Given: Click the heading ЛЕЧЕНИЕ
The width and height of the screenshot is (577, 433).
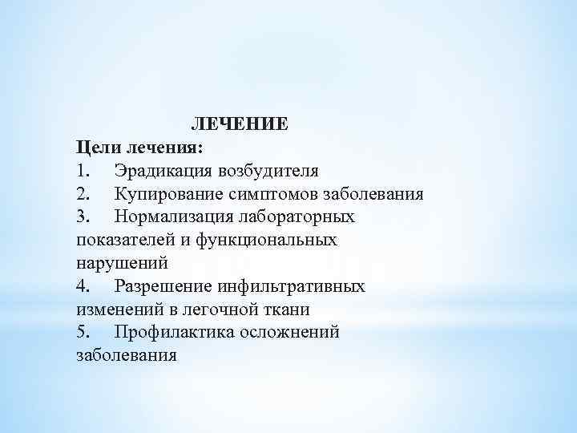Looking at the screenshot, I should click(239, 125).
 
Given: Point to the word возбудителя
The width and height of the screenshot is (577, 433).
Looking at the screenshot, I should click(268, 171).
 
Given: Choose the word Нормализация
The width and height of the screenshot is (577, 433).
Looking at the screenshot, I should click(172, 216).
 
